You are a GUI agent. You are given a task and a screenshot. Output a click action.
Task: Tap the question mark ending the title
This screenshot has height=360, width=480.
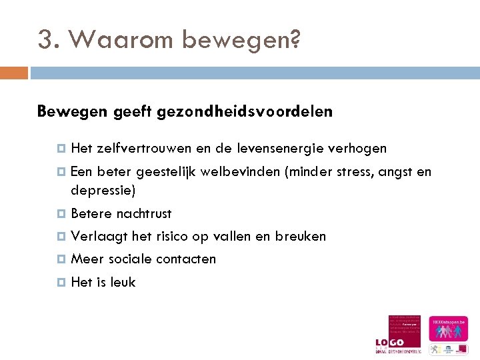coord(295,40)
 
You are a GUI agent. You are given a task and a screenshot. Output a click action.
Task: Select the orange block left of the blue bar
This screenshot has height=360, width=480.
coord(14,72)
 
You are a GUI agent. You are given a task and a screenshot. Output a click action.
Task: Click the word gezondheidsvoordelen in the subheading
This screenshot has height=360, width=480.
coord(245,112)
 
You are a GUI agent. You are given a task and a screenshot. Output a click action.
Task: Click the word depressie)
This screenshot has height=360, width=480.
coord(103,191)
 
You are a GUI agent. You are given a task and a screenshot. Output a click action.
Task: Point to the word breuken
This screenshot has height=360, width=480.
coord(302,237)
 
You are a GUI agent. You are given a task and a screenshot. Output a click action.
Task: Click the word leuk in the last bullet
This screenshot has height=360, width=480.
coord(123,282)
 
